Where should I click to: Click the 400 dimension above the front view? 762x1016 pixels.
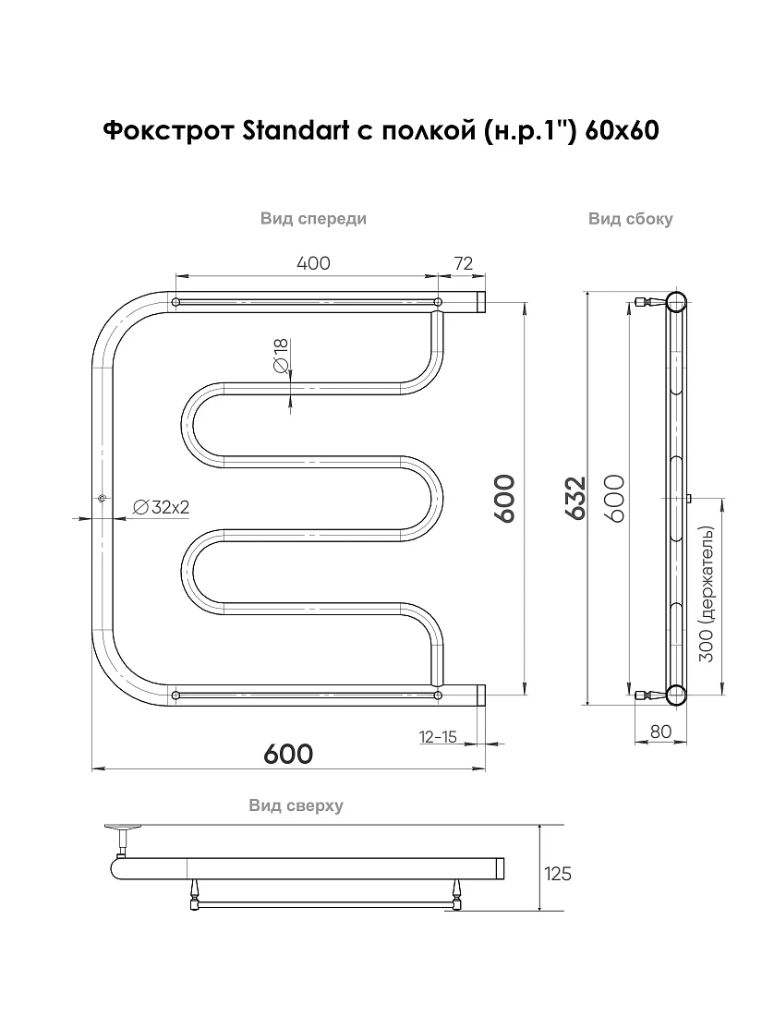313,264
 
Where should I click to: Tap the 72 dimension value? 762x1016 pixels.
464,264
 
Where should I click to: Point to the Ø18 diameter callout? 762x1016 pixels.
281,356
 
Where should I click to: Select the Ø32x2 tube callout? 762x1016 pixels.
161,507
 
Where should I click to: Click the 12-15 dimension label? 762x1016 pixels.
439,737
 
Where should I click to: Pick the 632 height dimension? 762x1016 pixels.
575,498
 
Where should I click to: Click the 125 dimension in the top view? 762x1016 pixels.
558,874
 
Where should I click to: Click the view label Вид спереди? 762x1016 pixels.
314,219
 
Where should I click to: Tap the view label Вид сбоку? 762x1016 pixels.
631,219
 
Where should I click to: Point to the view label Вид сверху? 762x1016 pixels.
296,805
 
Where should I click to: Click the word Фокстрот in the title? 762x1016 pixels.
169,131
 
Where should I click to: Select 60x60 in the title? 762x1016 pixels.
622,131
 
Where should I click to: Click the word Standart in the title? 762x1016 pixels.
296,131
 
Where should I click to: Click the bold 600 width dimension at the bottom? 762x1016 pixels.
288,754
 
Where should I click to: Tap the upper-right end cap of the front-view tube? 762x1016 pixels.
481,302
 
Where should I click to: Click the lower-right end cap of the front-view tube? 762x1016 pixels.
481,695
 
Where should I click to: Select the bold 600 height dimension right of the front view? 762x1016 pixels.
504,498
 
